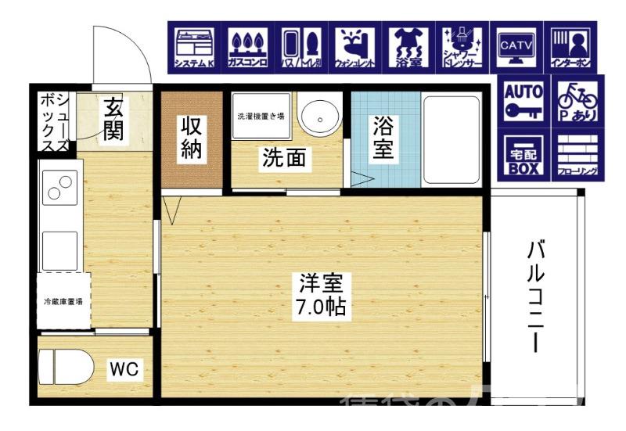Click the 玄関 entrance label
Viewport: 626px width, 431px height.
114,119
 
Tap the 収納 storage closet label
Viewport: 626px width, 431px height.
192,138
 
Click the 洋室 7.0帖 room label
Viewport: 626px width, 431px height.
321,295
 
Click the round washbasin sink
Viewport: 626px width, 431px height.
318,117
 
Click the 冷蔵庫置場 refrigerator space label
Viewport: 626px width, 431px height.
63,300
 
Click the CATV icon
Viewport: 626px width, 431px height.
516,46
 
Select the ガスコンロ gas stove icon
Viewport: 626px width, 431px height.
248,46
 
